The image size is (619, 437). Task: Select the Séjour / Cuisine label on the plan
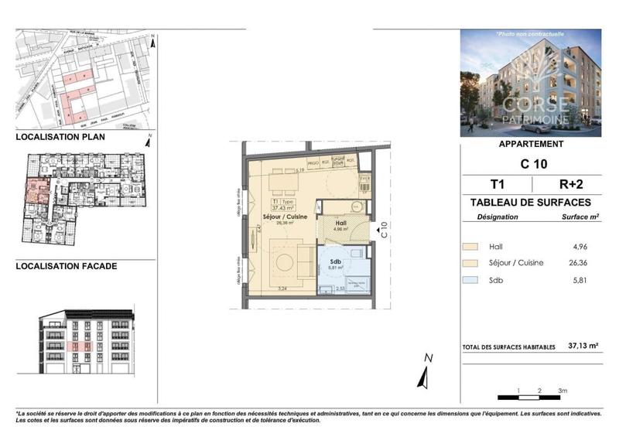point(285,217)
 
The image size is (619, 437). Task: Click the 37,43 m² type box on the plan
point(285,204)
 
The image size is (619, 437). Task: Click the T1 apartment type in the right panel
point(495,184)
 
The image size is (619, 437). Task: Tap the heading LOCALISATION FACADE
point(67,266)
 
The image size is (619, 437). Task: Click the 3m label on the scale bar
point(563,390)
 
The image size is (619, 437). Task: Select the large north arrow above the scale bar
point(424,372)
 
